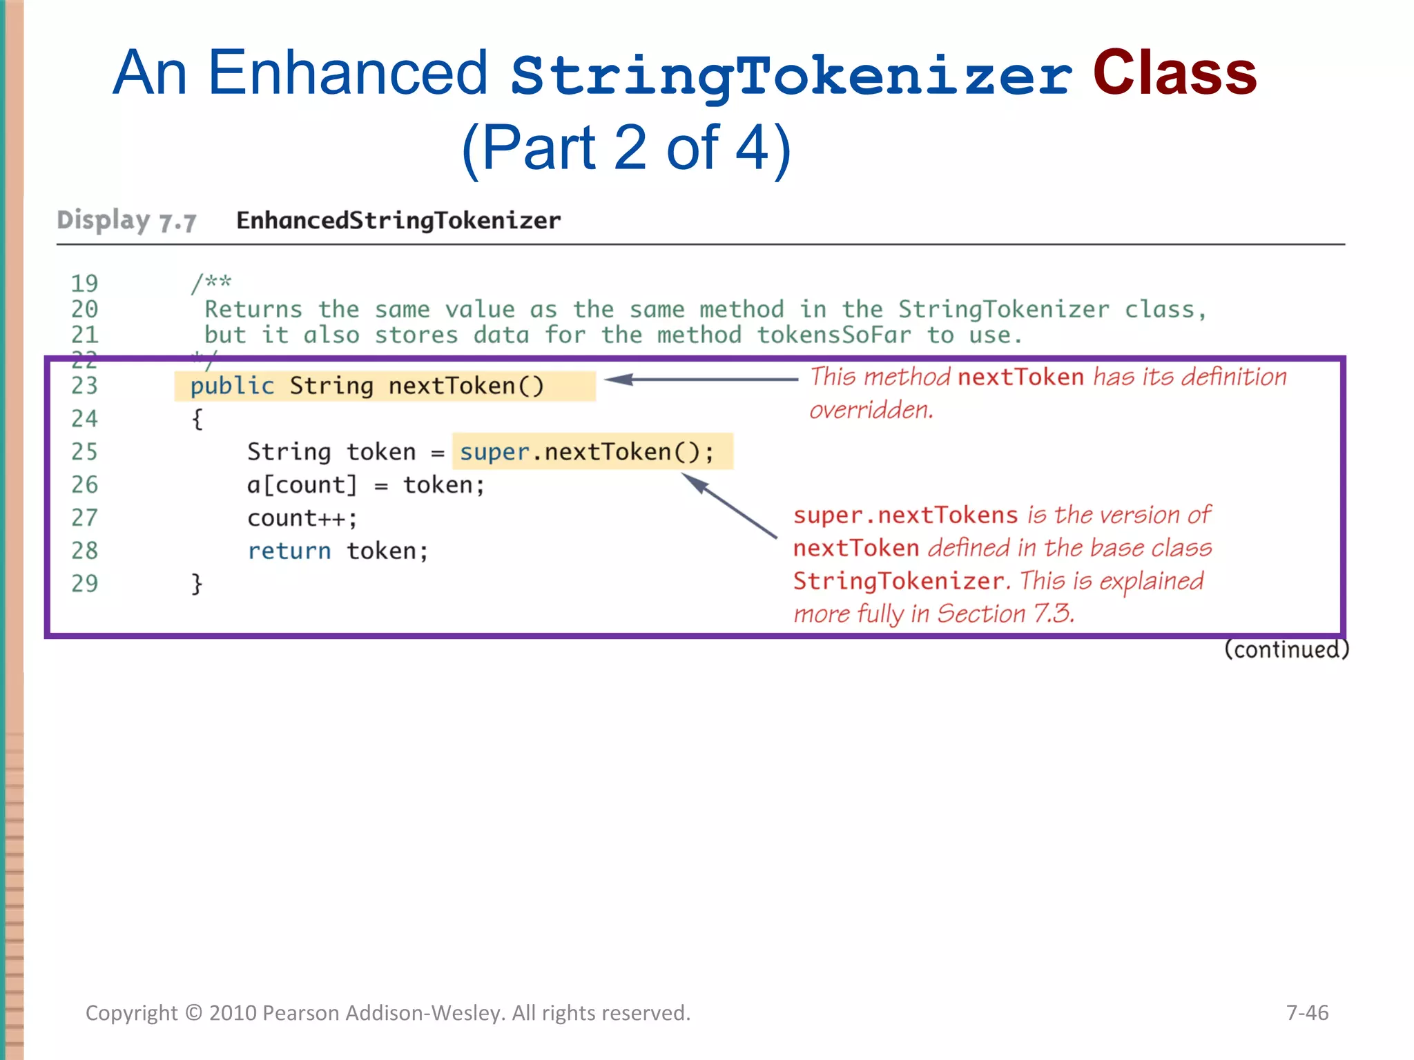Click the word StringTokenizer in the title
coord(791,76)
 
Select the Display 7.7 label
coord(126,221)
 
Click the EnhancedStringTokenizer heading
coord(398,221)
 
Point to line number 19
coord(84,283)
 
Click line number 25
coord(84,452)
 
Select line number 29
coord(84,584)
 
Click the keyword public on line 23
coord(232,386)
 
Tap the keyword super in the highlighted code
coord(494,452)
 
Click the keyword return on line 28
coord(289,551)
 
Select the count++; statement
coord(302,518)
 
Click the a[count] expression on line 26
coord(302,485)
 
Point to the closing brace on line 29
coord(197,584)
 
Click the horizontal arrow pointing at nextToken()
coord(701,379)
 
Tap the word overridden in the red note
coord(871,411)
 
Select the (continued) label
coord(1286,649)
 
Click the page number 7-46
coord(1307,1012)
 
